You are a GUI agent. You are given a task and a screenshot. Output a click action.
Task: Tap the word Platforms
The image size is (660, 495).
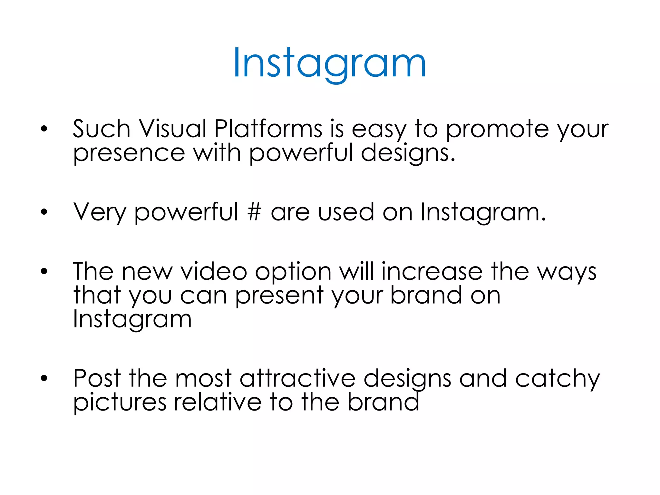point(268,129)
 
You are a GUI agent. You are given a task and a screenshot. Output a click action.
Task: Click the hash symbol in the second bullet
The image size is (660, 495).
point(254,212)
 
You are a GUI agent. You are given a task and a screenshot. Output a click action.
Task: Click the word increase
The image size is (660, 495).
point(432,271)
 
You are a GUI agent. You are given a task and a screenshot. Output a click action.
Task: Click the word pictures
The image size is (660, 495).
point(120,403)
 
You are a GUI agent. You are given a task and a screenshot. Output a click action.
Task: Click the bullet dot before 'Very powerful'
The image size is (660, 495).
point(44,212)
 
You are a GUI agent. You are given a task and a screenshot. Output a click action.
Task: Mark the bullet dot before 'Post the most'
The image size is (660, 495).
point(44,378)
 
